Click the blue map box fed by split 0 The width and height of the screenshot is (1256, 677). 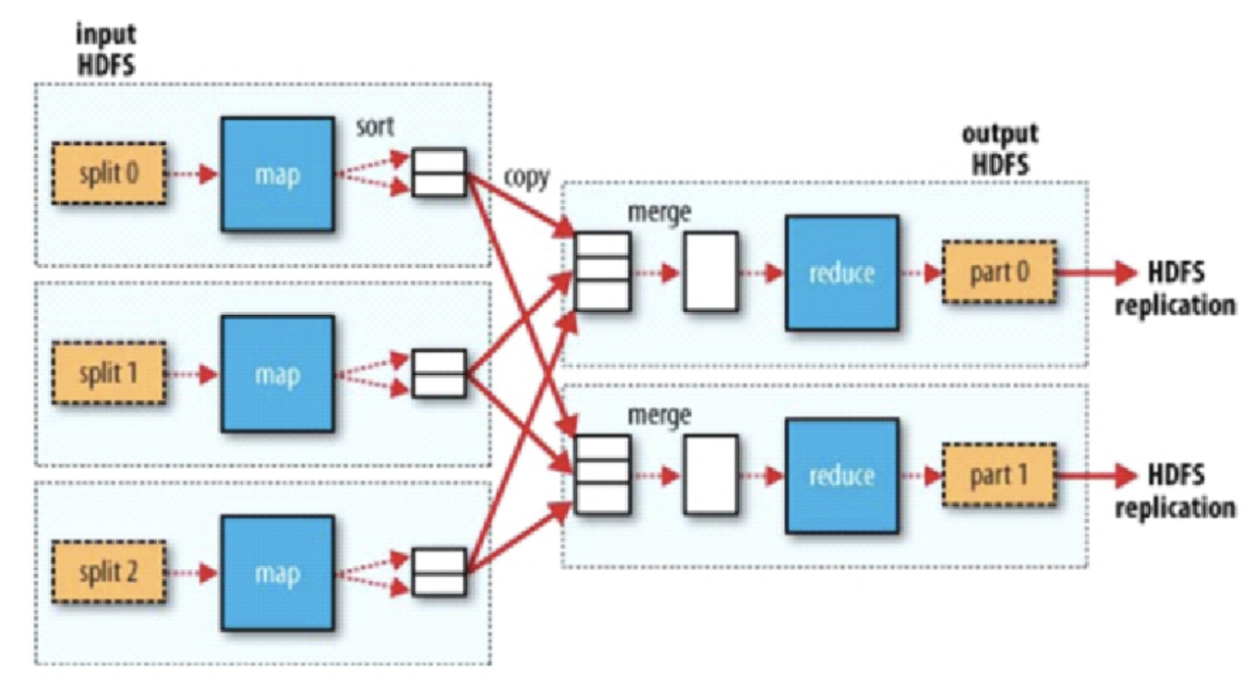pyautogui.click(x=278, y=175)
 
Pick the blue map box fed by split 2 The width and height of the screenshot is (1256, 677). pyautogui.click(x=278, y=572)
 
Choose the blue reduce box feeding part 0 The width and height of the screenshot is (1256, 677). pyautogui.click(x=842, y=272)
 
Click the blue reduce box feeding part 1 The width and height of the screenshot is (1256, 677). pyautogui.click(x=842, y=476)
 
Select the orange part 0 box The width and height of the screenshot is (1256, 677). pyautogui.click(x=999, y=272)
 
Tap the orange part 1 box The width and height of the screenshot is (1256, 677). pyautogui.click(x=999, y=476)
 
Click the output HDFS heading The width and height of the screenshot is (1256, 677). pyautogui.click(x=999, y=149)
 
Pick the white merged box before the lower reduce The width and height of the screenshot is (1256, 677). pyautogui.click(x=710, y=476)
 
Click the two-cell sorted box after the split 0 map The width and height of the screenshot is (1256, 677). pyautogui.click(x=438, y=173)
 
